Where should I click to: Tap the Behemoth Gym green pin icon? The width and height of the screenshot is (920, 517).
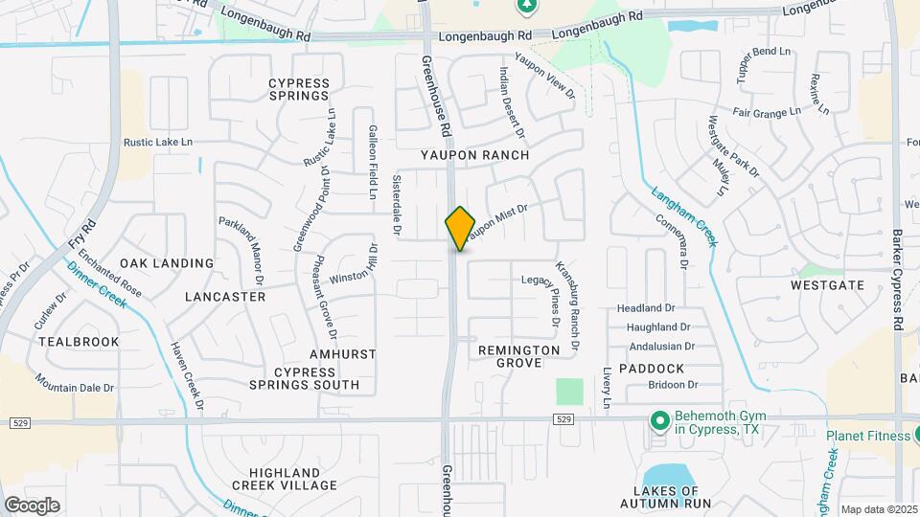pyautogui.click(x=659, y=420)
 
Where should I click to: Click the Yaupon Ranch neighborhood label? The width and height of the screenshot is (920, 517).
pyautogui.click(x=487, y=154)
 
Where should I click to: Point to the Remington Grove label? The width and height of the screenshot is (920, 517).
pyautogui.click(x=519, y=357)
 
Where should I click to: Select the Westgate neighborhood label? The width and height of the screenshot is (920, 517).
pyautogui.click(x=827, y=285)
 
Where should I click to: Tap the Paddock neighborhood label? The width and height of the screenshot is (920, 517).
pyautogui.click(x=652, y=369)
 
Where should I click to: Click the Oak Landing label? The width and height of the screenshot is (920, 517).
pyautogui.click(x=167, y=263)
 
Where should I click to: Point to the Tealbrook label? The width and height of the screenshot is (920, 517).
pyautogui.click(x=79, y=342)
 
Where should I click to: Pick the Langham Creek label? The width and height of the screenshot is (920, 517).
pyautogui.click(x=684, y=214)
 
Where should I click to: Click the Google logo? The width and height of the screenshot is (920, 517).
pyautogui.click(x=32, y=505)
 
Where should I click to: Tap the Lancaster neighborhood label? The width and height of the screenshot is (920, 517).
pyautogui.click(x=225, y=297)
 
